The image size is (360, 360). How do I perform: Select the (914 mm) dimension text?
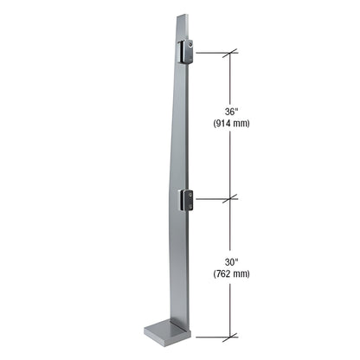[230, 123]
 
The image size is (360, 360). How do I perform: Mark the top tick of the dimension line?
[229, 54]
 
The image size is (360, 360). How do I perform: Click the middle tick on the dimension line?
[229, 198]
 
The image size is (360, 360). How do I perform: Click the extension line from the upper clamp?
[212, 54]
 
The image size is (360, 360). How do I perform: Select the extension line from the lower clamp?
[212, 198]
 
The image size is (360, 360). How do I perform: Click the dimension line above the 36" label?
[229, 78]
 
